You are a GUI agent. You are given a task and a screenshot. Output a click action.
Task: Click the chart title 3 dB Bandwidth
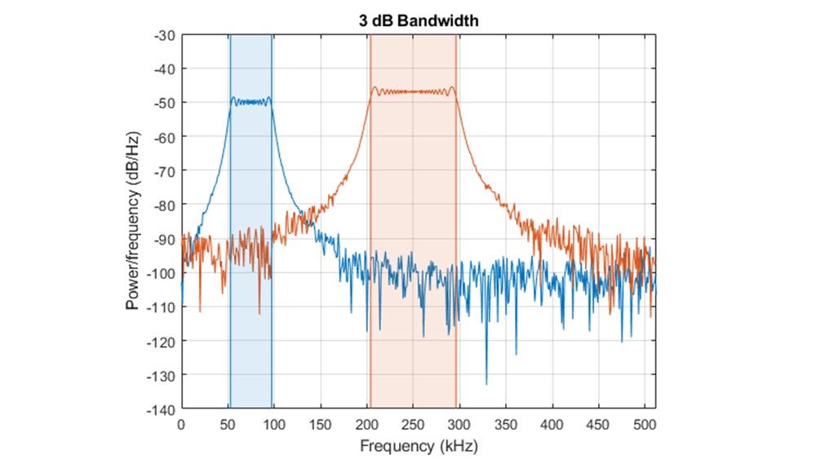(419, 21)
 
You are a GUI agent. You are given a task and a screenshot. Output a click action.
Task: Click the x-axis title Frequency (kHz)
(419, 446)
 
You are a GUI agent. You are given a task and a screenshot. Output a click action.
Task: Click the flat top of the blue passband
(251, 102)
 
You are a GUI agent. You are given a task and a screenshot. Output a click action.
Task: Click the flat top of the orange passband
(413, 91)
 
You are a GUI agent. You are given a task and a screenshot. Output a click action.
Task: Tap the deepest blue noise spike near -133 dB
(486, 383)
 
